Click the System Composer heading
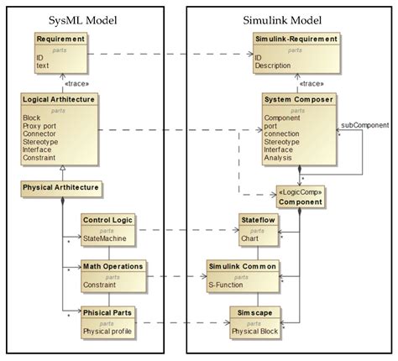pos(298,98)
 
